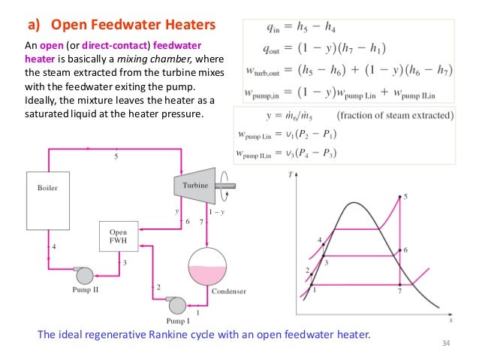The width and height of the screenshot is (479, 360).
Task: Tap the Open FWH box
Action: pyautogui.click(x=119, y=237)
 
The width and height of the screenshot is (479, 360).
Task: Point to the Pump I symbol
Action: pyautogui.click(x=176, y=304)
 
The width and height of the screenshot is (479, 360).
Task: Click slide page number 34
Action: pyautogui.click(x=450, y=345)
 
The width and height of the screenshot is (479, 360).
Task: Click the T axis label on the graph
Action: pyautogui.click(x=290, y=174)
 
